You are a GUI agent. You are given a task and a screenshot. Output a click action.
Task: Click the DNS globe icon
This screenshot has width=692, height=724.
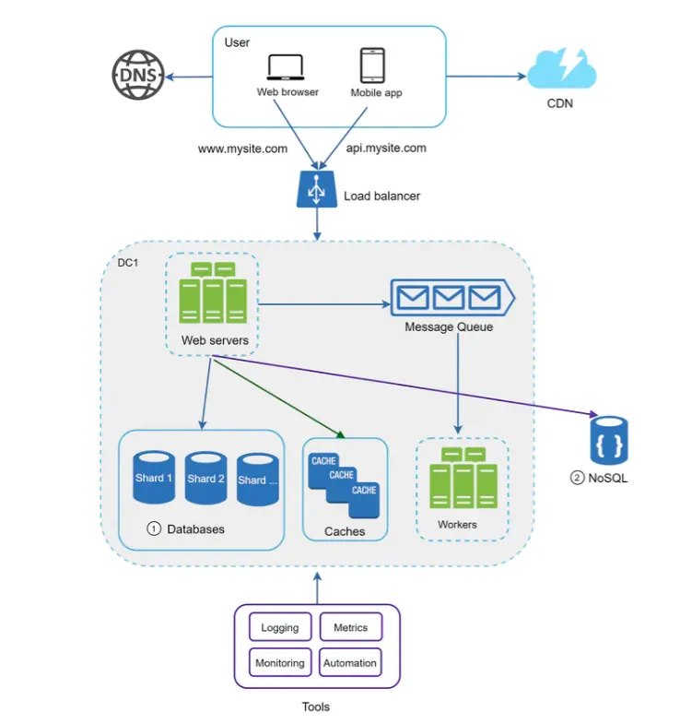[137, 75]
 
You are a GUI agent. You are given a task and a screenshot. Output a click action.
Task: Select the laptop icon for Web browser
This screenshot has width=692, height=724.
[287, 68]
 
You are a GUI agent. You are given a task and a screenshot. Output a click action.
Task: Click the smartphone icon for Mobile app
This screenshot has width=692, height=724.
[372, 66]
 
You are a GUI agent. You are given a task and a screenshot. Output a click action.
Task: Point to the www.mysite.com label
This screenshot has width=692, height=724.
[242, 148]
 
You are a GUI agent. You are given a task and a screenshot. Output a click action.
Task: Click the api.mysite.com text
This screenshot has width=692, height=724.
[386, 148]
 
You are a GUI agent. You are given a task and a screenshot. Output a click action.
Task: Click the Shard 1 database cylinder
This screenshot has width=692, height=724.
[154, 478]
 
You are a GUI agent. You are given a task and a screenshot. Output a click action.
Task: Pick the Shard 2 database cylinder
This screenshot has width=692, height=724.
[205, 478]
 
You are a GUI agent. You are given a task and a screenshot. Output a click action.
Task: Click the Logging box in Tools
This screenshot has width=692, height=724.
[280, 628]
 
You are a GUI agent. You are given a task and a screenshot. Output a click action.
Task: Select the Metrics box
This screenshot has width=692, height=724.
[350, 628]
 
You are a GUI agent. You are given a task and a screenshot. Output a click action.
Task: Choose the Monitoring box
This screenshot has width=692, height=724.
[280, 663]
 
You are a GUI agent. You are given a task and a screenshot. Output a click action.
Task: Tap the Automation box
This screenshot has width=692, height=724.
[350, 663]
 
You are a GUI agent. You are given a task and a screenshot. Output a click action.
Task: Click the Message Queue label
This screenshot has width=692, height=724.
[449, 327]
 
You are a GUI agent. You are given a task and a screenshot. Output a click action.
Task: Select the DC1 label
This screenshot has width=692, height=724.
[127, 263]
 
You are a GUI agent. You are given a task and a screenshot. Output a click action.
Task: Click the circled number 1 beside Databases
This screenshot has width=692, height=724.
[154, 529]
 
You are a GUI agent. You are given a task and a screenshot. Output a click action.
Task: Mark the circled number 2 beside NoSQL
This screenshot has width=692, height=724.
[577, 478]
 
